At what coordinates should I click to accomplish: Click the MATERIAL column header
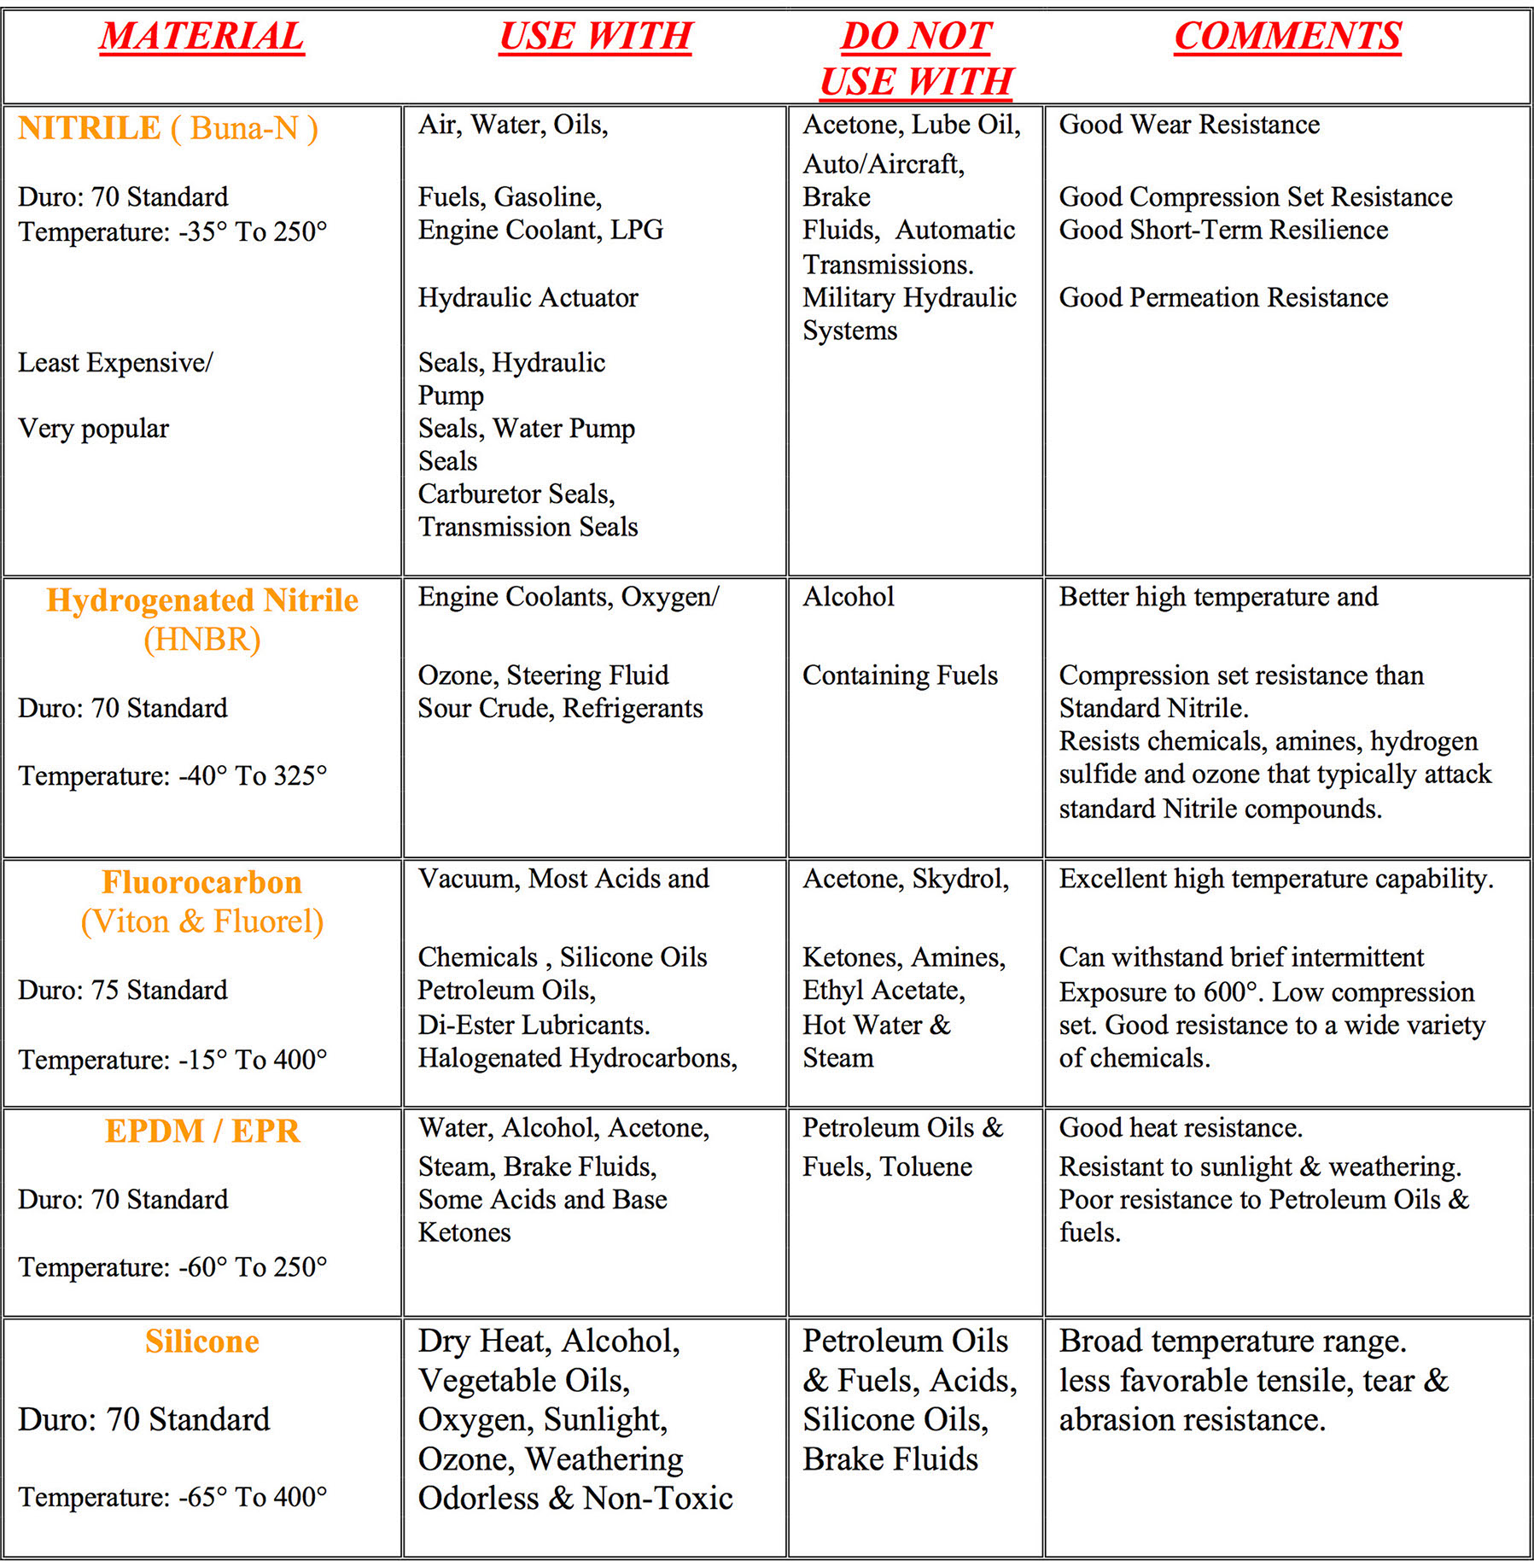(x=201, y=36)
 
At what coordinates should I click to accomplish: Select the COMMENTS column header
(x=1287, y=36)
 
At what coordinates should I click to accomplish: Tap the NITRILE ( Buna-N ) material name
(x=168, y=128)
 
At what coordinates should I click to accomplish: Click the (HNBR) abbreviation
(x=202, y=640)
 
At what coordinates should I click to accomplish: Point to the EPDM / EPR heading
(x=202, y=1131)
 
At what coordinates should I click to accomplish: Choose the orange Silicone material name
(x=202, y=1342)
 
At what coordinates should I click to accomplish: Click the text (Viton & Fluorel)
(x=202, y=921)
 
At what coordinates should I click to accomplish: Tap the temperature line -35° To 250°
(x=172, y=231)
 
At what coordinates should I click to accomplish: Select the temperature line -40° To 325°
(x=172, y=775)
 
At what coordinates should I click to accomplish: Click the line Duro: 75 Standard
(x=123, y=990)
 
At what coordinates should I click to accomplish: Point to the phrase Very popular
(x=94, y=428)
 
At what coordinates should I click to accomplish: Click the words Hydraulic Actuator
(x=528, y=297)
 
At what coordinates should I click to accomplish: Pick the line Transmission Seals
(x=528, y=527)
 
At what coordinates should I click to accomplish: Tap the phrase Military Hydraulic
(x=909, y=297)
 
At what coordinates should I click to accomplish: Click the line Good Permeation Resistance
(x=1223, y=297)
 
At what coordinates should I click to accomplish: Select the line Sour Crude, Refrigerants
(x=560, y=708)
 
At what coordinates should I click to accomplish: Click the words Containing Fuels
(x=900, y=675)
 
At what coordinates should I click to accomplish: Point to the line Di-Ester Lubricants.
(x=534, y=1025)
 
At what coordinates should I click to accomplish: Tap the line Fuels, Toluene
(x=887, y=1166)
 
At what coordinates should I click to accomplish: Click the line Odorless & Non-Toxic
(x=575, y=1498)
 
